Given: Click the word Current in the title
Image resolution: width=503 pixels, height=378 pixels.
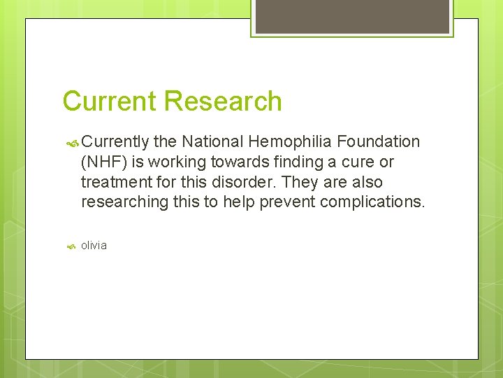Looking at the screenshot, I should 107,101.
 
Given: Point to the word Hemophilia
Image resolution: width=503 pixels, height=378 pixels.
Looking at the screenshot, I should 293,142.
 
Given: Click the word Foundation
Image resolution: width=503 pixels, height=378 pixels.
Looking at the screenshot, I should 378,142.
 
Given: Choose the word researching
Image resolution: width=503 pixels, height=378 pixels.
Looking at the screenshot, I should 124,203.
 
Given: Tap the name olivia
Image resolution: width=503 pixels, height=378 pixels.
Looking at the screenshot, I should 94,246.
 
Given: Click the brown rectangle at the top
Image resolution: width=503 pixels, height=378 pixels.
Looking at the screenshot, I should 352,15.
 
